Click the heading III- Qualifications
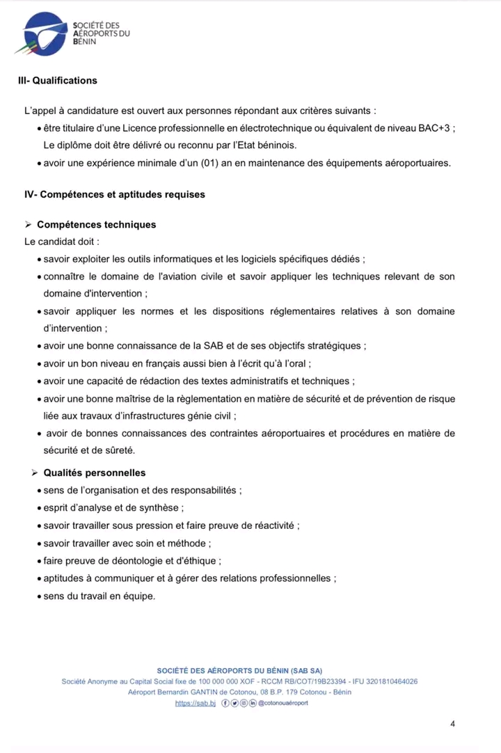[x=57, y=80]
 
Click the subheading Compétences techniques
[x=96, y=225]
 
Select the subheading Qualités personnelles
[x=94, y=473]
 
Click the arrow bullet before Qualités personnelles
[x=35, y=473]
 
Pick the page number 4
[x=453, y=724]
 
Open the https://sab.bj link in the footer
[x=196, y=703]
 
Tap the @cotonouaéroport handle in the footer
[x=283, y=703]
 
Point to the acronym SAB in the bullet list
[x=213, y=345]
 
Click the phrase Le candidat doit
[x=61, y=241]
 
